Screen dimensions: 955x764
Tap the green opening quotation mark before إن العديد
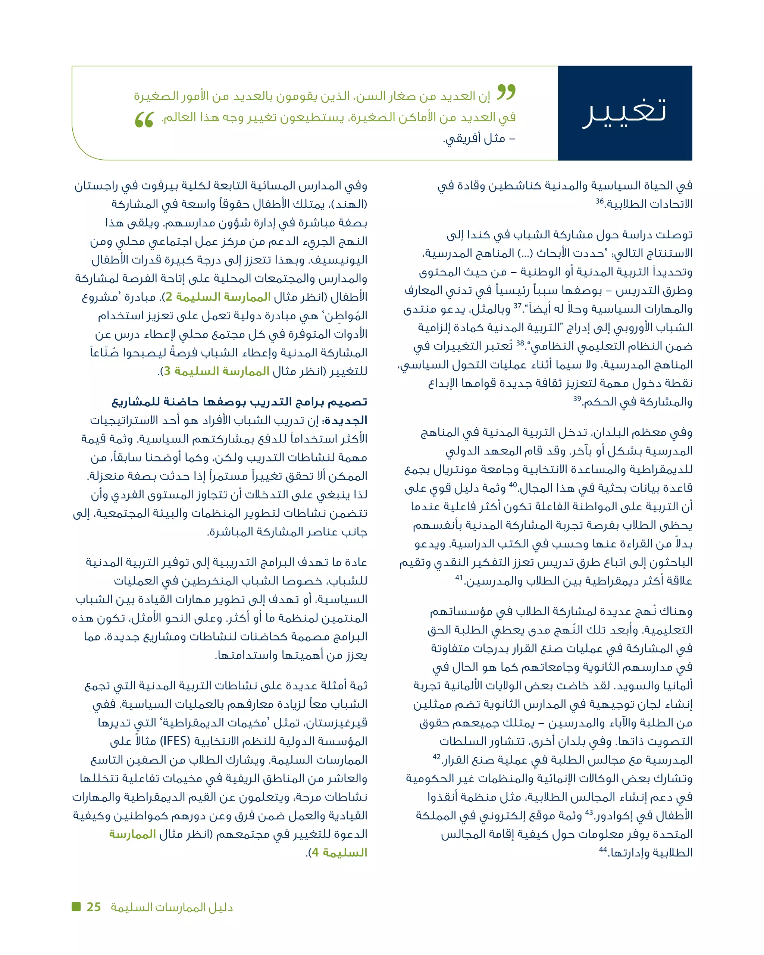point(506,92)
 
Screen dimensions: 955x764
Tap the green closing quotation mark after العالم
point(144,120)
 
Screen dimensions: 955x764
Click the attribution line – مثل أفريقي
point(479,139)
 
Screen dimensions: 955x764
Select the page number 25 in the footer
point(94,907)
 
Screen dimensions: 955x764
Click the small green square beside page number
point(76,906)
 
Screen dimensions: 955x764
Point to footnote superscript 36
point(600,201)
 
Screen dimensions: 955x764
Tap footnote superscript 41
point(459,577)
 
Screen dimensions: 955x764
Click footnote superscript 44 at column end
point(603,849)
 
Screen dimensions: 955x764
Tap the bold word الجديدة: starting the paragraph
point(345,420)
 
